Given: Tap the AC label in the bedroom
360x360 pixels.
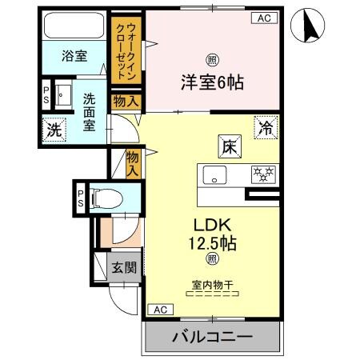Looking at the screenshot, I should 262,18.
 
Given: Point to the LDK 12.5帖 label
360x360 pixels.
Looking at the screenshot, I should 211,231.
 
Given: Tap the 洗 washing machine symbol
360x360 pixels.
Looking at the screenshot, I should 53,130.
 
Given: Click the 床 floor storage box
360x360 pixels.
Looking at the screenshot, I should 227,146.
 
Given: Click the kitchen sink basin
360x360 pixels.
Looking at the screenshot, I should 215,174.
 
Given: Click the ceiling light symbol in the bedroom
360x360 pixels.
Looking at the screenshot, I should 211,58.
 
